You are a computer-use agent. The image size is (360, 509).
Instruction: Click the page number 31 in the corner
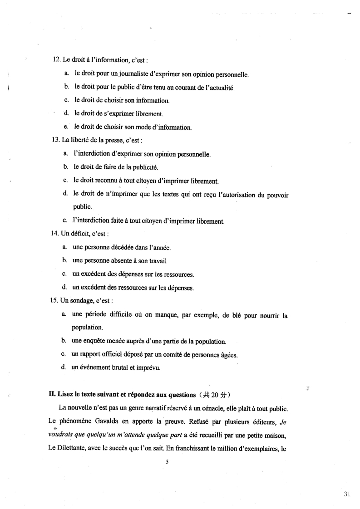click(347, 494)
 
